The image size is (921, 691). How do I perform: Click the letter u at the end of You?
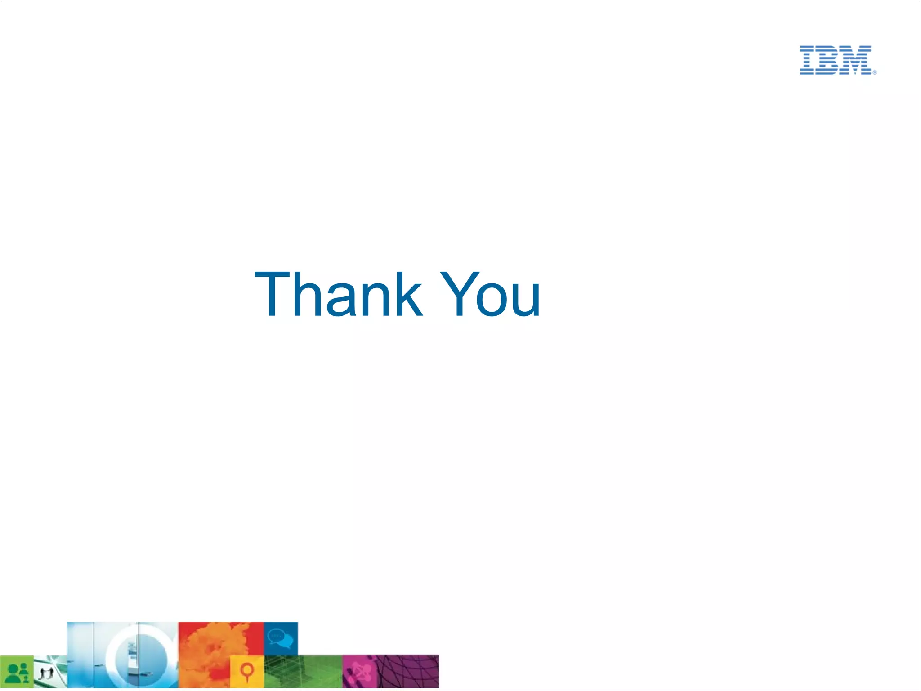click(525, 301)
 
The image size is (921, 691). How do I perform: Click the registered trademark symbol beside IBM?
click(875, 72)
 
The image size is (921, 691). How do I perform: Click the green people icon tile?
click(17, 672)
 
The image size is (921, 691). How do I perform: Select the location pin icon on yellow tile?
click(246, 672)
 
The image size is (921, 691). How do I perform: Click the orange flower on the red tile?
click(211, 648)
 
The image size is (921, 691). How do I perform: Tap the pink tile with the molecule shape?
click(358, 672)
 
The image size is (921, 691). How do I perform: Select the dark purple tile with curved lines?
click(407, 672)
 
